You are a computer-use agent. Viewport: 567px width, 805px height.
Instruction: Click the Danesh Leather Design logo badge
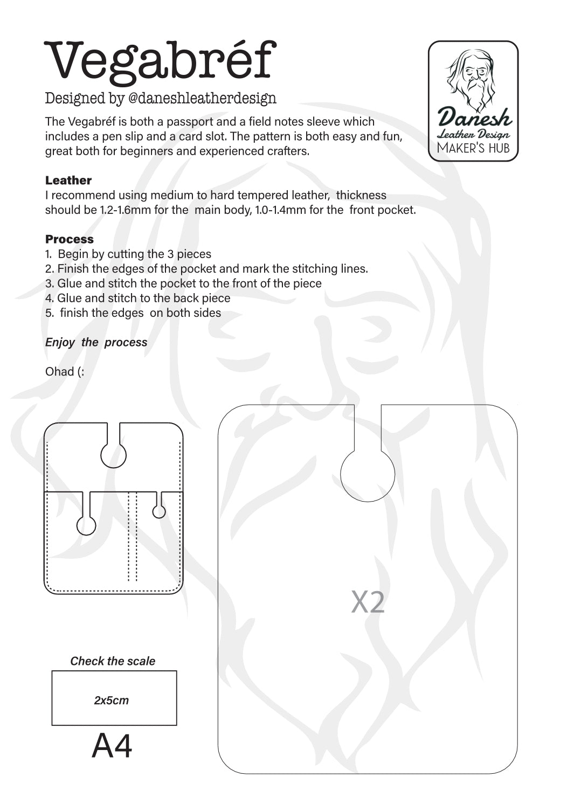473,101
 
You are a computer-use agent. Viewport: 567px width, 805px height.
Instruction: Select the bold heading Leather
68,181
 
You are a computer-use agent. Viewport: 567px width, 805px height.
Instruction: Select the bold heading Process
70,239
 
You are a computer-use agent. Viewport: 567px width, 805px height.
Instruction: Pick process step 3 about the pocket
183,283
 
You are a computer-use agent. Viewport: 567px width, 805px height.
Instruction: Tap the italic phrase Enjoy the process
96,343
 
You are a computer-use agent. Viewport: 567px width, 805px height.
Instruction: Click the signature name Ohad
60,372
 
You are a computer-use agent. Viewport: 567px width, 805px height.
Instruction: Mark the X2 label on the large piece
368,602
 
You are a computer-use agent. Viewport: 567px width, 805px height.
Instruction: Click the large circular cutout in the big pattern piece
368,475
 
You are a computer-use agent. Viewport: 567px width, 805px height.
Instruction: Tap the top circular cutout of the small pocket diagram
114,455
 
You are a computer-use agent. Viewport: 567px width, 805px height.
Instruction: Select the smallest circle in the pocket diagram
159,511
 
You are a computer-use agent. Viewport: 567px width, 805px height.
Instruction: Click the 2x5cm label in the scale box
112,700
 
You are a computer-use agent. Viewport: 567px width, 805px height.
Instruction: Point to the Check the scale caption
113,661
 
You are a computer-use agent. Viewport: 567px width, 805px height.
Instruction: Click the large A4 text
112,746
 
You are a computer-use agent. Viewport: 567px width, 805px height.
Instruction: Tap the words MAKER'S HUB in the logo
473,148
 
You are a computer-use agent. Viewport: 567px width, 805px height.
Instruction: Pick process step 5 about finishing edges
133,313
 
